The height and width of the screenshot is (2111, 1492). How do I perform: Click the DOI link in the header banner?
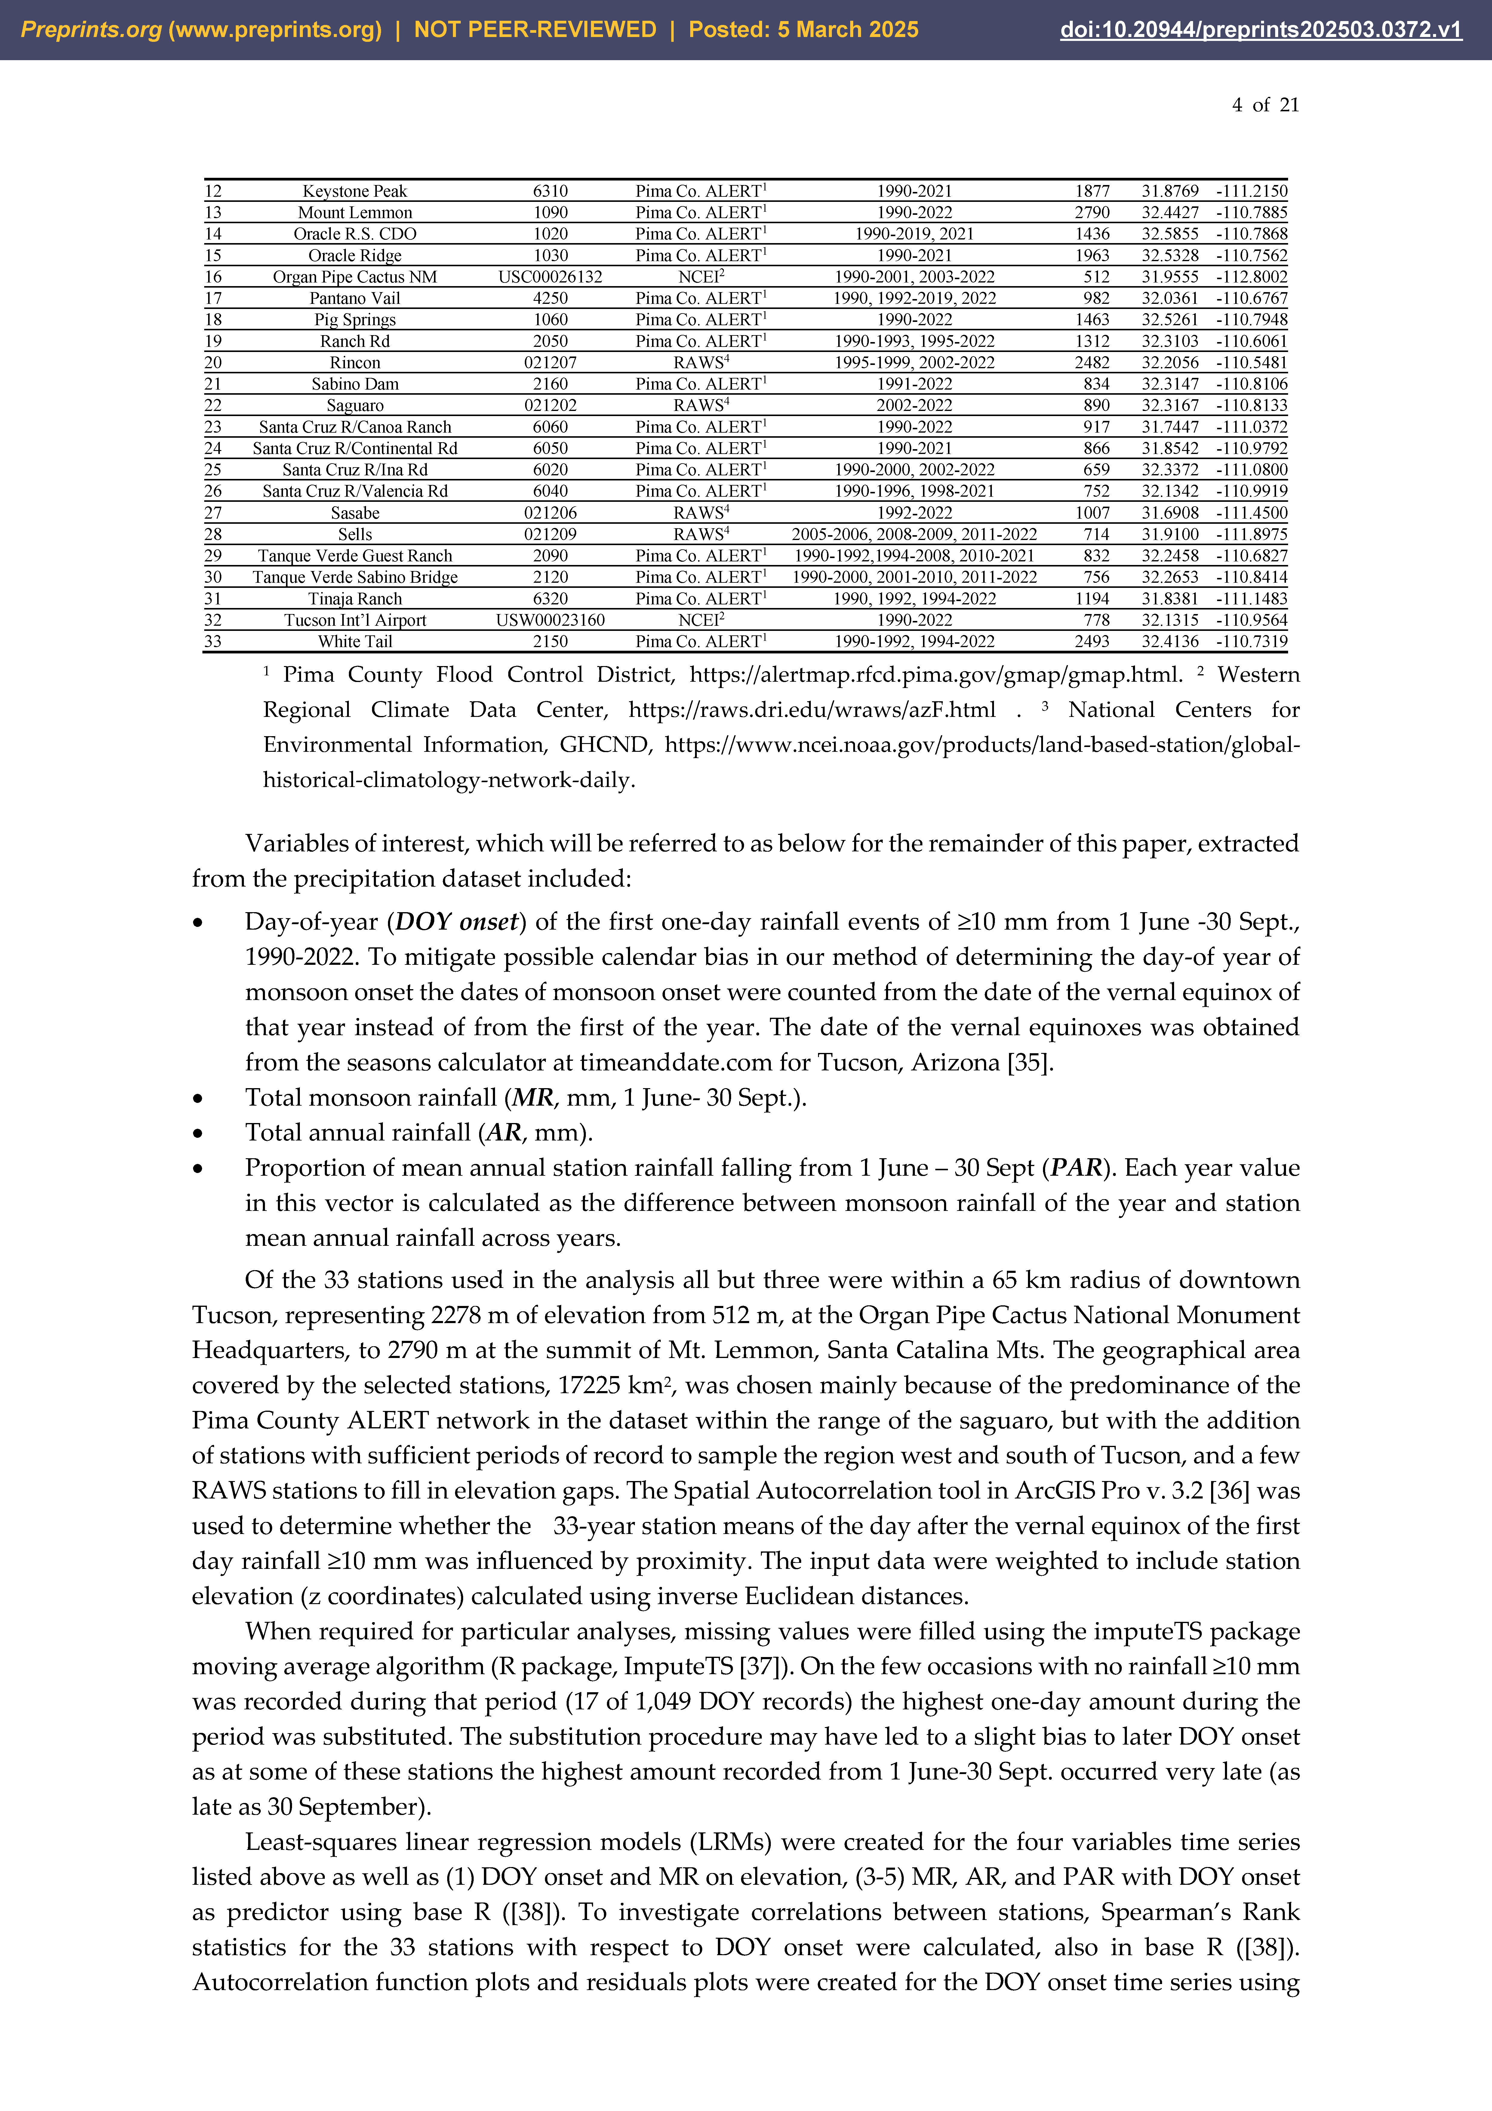pyautogui.click(x=1260, y=29)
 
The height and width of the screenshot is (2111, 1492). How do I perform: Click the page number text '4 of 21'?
pyautogui.click(x=1265, y=105)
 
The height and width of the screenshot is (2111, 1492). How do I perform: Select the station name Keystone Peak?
pyautogui.click(x=355, y=191)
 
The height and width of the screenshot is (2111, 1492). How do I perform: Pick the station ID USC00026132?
pyautogui.click(x=550, y=277)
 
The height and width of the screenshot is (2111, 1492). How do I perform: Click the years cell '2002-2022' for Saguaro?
pyautogui.click(x=914, y=406)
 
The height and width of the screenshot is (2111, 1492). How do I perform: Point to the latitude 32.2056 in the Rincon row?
pyautogui.click(x=1169, y=362)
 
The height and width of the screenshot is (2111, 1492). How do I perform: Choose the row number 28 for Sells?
pyautogui.click(x=213, y=534)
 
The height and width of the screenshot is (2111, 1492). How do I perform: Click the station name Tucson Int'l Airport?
pyautogui.click(x=355, y=620)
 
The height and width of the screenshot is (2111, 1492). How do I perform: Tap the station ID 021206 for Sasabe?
pyautogui.click(x=550, y=513)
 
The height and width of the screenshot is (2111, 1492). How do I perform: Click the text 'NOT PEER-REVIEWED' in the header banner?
pyautogui.click(x=535, y=29)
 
